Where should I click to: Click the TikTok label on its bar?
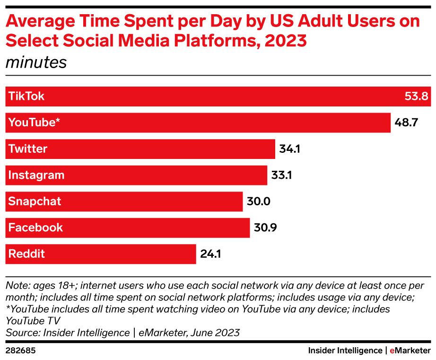click(x=26, y=97)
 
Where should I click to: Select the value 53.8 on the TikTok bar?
click(x=416, y=97)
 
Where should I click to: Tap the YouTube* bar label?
click(x=35, y=123)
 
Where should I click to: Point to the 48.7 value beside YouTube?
click(x=407, y=123)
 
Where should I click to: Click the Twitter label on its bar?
click(x=28, y=149)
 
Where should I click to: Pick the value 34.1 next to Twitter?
click(x=289, y=149)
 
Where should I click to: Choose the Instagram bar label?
click(x=36, y=175)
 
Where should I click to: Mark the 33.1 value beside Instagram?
click(x=281, y=175)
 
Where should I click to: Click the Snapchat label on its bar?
click(x=35, y=202)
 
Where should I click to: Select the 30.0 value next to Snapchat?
click(x=258, y=202)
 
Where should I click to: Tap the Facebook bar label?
click(x=35, y=228)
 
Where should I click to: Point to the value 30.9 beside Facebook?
click(x=265, y=228)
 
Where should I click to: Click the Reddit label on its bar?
click(x=26, y=254)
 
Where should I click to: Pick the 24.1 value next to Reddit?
click(x=210, y=254)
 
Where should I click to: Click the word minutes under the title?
click(x=36, y=62)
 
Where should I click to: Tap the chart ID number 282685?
click(x=21, y=351)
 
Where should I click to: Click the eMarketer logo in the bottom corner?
click(x=410, y=351)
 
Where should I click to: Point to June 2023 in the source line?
click(x=215, y=333)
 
